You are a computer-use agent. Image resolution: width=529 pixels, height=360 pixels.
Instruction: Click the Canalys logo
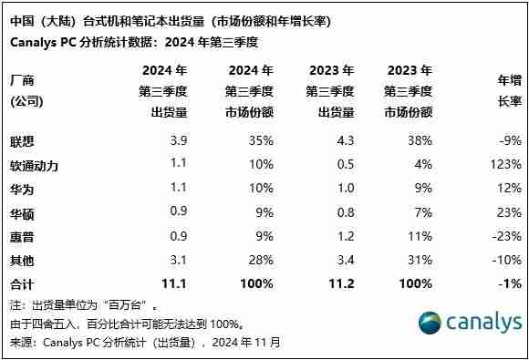(x=470, y=323)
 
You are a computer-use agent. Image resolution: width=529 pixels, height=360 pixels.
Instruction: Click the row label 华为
(x=21, y=189)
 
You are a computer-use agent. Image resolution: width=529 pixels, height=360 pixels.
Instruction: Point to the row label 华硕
(x=21, y=212)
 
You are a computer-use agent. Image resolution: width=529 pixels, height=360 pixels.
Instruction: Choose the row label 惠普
(x=21, y=236)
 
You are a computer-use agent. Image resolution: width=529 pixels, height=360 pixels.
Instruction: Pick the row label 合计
(x=21, y=283)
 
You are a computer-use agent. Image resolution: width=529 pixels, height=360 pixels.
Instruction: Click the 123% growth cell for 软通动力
(x=505, y=165)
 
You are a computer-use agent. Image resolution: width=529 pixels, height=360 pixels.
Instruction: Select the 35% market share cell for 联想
(x=261, y=141)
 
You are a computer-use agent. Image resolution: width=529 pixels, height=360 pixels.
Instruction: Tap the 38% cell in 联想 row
(x=420, y=141)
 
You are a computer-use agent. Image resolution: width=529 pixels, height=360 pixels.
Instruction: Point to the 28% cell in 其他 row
(x=261, y=260)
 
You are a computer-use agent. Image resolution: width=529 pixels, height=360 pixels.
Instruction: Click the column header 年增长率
(x=509, y=90)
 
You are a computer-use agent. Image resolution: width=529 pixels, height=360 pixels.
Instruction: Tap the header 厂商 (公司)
(x=26, y=90)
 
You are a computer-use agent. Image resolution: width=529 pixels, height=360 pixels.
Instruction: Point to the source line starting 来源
(x=146, y=343)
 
